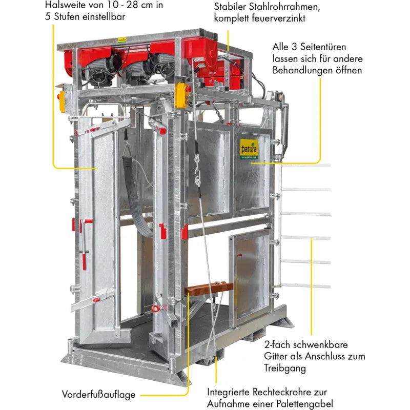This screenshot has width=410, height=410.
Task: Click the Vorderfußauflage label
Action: click(x=98, y=394)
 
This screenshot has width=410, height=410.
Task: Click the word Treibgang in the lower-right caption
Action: click(x=285, y=368)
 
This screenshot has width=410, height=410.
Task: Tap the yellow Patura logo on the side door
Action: click(x=249, y=149)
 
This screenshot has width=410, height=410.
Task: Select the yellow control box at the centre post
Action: click(x=182, y=95)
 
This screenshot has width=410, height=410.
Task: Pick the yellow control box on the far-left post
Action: click(x=61, y=101)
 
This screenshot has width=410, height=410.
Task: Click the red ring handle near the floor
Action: click(x=156, y=309)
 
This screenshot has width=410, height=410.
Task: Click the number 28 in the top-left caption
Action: click(x=132, y=5)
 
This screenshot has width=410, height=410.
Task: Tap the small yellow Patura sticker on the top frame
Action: click(x=122, y=40)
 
